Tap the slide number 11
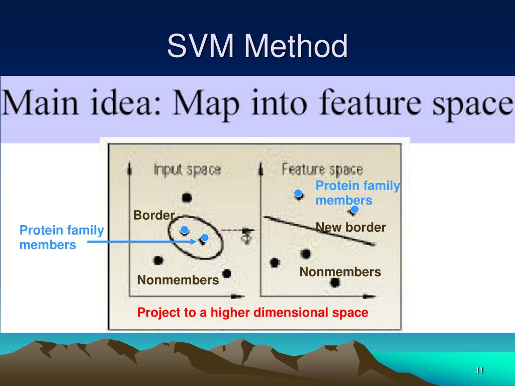pos(479,370)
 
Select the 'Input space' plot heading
pos(187,169)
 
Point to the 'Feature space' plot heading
pos(322,169)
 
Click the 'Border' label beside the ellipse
pos(153,216)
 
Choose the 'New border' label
pos(351,228)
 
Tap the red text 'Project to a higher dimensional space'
pos(253,313)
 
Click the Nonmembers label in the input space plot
pos(178,279)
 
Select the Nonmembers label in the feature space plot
pos(340,272)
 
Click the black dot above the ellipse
pos(187,198)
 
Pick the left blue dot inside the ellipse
pos(185,230)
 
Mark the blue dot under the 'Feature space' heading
pos(298,193)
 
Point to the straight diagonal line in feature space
pos(320,231)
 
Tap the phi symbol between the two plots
pos(246,236)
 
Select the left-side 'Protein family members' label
pos(61,238)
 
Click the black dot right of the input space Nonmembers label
pos(227,273)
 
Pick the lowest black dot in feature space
pos(335,282)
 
